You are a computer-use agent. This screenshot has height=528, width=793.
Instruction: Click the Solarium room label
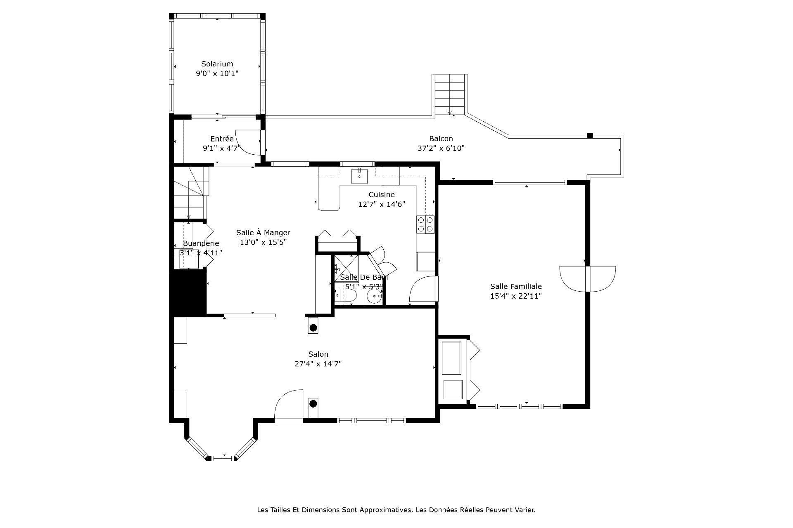pos(217,64)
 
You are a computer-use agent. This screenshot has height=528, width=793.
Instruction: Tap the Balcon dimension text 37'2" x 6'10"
pos(441,148)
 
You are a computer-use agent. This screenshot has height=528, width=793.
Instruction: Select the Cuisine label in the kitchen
pos(382,194)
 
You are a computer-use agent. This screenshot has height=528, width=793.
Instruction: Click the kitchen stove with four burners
pos(425,224)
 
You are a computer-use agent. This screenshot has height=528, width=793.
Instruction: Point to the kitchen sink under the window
pos(359,176)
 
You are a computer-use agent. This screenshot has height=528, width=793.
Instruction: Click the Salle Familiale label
pos(516,286)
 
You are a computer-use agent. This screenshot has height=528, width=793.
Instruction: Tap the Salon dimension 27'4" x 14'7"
pos(318,364)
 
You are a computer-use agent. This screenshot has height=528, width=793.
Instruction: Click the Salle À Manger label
pos(263,233)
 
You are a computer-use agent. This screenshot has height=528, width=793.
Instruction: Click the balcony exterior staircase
pos(449,94)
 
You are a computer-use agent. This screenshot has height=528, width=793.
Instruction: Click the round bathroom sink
pos(375,296)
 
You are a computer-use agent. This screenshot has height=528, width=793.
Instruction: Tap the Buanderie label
pos(201,243)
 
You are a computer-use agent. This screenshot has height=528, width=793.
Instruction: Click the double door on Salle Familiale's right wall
pos(588,279)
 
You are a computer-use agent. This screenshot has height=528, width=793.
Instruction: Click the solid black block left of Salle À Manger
pos(189,292)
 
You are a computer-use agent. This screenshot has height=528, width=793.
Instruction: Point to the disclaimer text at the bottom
pos(396,510)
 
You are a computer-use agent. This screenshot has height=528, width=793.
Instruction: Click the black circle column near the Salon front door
pos(313,403)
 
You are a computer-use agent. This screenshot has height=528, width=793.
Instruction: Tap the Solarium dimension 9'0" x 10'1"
pos(217,74)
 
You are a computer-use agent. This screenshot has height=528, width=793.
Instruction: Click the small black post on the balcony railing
pos(590,135)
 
